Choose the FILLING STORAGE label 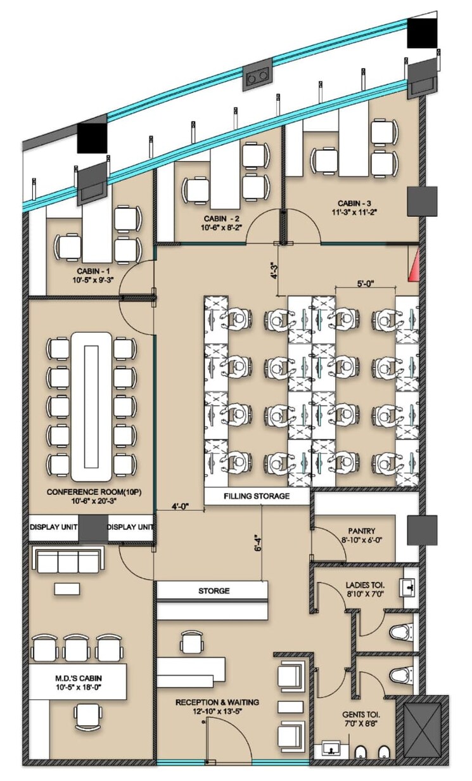click(257, 496)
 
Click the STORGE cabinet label click(214, 591)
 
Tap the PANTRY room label click(362, 531)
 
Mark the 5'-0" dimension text click(366, 284)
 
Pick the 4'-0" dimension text click(182, 507)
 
